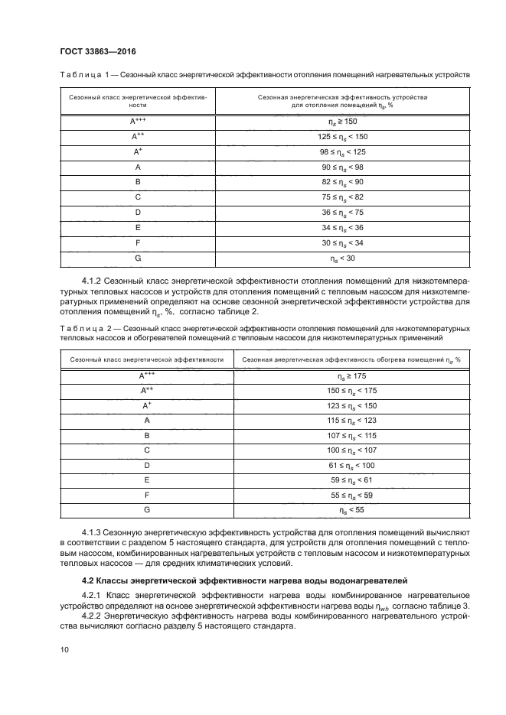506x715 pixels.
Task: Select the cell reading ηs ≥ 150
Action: [342, 122]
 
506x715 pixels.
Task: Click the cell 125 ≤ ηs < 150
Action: [342, 136]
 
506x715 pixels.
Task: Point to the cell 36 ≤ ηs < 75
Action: [342, 212]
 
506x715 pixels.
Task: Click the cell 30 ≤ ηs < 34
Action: [342, 242]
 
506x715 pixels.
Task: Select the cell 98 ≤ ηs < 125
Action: [342, 151]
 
